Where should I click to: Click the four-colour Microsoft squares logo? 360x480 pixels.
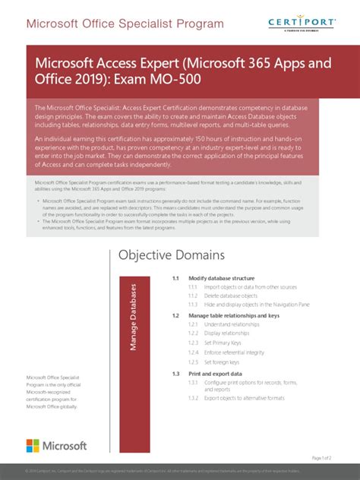pyautogui.click(x=34, y=447)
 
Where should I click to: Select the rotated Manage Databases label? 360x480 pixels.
pyautogui.click(x=134, y=317)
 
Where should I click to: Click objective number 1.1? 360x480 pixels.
pyautogui.click(x=175, y=279)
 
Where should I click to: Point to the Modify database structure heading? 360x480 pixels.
pyautogui.click(x=221, y=279)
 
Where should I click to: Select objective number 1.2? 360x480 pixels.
pyautogui.click(x=175, y=315)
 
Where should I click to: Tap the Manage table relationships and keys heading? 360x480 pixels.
pyautogui.click(x=234, y=315)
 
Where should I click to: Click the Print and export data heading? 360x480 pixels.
pyautogui.click(x=216, y=374)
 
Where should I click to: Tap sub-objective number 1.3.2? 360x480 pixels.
pyautogui.click(x=194, y=397)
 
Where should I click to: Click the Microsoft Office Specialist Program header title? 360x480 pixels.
pyautogui.click(x=125, y=24)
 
